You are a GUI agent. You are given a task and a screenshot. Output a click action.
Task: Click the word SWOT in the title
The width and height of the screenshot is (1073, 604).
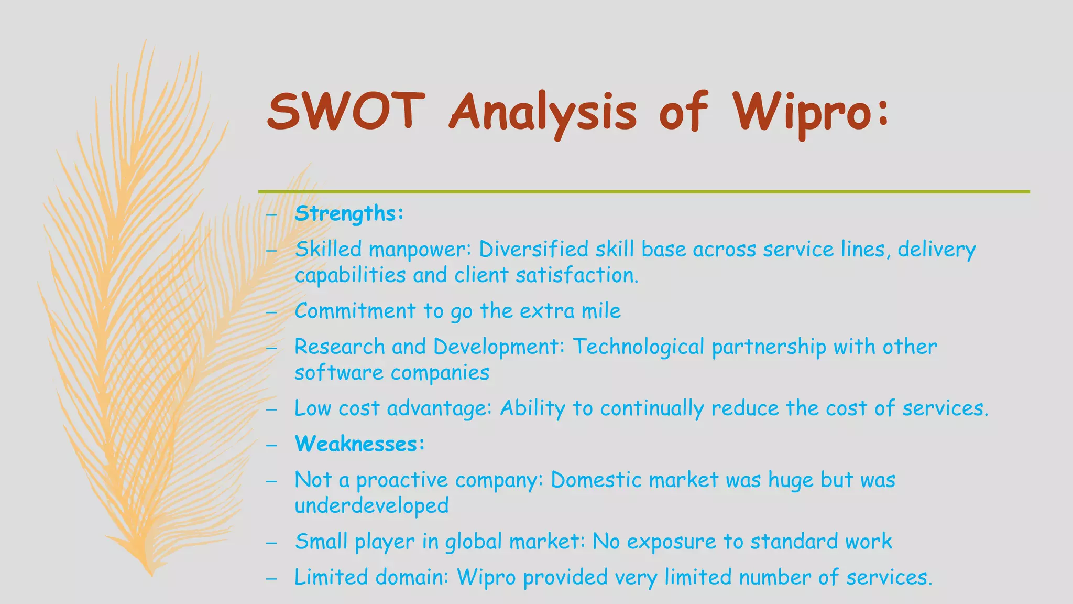346,111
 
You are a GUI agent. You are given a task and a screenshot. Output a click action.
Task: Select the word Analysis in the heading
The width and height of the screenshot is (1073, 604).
543,113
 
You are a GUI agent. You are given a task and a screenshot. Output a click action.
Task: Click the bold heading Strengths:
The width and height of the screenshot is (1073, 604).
349,213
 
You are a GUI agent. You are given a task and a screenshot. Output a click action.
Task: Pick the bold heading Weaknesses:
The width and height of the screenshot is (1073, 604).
359,444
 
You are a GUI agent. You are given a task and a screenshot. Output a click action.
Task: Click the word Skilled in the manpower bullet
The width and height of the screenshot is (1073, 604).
328,249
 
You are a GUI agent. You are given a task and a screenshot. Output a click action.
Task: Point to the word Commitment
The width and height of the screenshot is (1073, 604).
355,311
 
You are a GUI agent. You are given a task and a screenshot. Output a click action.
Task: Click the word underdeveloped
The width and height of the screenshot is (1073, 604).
371,506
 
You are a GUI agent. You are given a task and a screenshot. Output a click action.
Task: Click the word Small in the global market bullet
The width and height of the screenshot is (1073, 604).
321,542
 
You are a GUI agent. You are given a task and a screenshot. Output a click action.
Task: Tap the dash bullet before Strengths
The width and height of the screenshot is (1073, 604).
271,214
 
